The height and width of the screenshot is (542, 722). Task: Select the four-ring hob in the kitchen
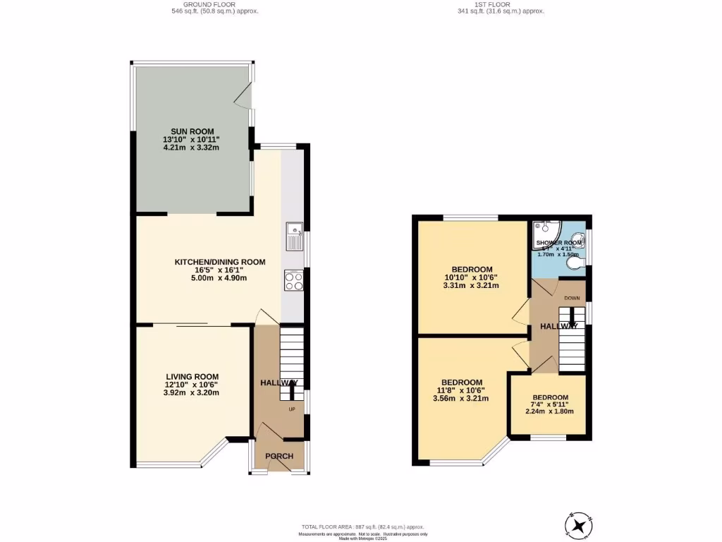point(293,280)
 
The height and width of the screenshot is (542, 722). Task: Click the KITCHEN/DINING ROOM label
point(220,262)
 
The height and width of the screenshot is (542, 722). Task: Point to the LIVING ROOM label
point(192,377)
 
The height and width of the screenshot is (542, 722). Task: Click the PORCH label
point(279,456)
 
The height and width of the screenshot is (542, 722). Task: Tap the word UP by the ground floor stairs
point(291,409)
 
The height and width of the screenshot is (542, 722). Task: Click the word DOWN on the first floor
point(572,299)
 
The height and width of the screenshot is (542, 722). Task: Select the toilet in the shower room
point(579,263)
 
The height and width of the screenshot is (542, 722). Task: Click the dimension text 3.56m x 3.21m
point(461,398)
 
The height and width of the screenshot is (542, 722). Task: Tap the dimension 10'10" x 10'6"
point(471,277)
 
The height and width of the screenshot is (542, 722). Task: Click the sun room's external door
point(244,95)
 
